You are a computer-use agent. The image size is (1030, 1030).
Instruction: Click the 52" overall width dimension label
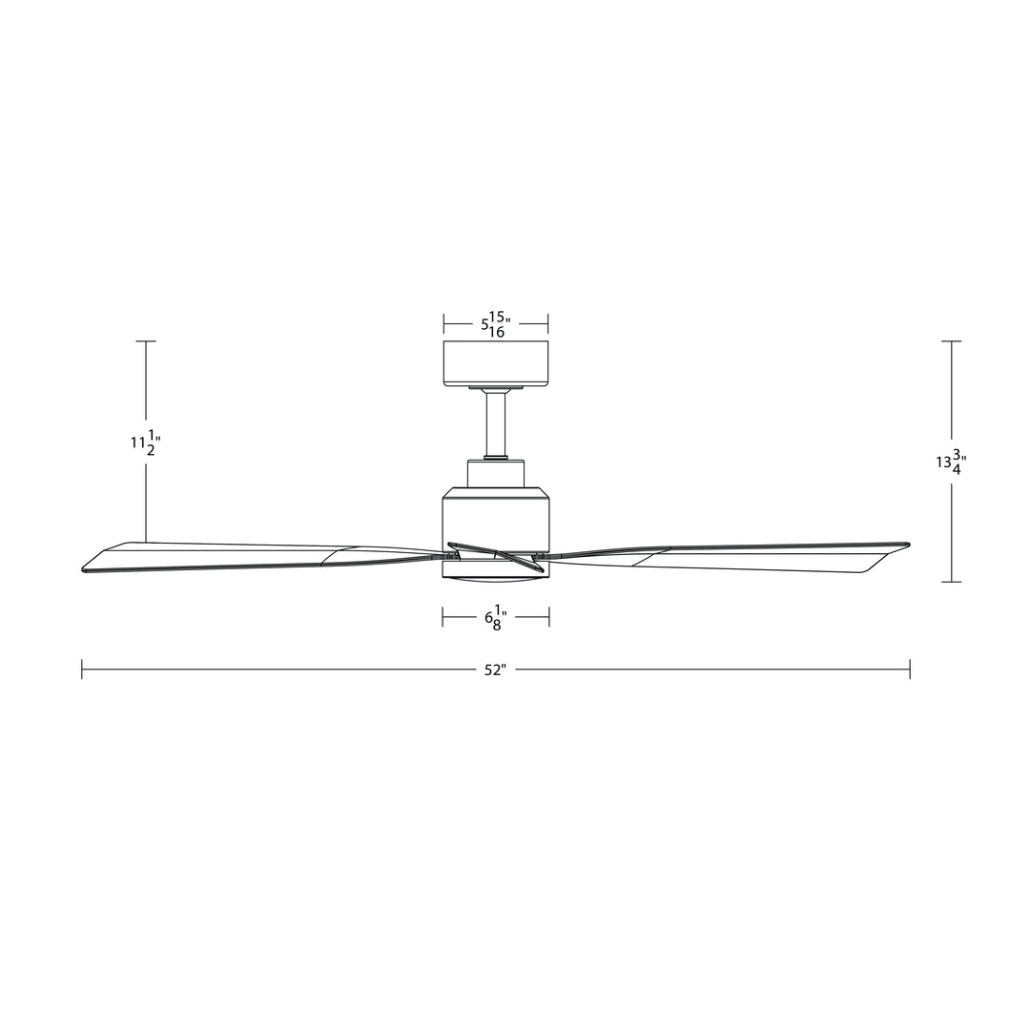point(493,670)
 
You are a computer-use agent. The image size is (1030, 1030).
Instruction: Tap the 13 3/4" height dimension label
point(951,463)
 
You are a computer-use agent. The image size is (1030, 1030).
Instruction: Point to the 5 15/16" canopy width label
point(495,324)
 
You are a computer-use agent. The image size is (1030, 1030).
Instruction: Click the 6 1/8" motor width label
point(495,619)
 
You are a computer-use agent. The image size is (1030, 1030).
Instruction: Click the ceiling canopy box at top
point(495,363)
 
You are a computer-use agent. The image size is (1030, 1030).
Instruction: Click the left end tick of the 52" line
point(82,669)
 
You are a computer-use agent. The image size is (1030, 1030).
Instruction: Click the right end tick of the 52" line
point(910,669)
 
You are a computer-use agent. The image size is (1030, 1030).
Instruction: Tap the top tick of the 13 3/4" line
point(951,340)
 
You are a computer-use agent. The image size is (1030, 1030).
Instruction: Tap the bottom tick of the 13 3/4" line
point(951,582)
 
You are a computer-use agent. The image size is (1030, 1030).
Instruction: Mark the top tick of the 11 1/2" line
point(145,340)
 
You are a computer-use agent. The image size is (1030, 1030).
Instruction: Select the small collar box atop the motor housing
point(495,473)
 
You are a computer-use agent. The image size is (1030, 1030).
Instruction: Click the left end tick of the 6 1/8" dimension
point(443,618)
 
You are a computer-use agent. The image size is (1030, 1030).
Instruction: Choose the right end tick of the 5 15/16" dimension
point(548,324)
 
